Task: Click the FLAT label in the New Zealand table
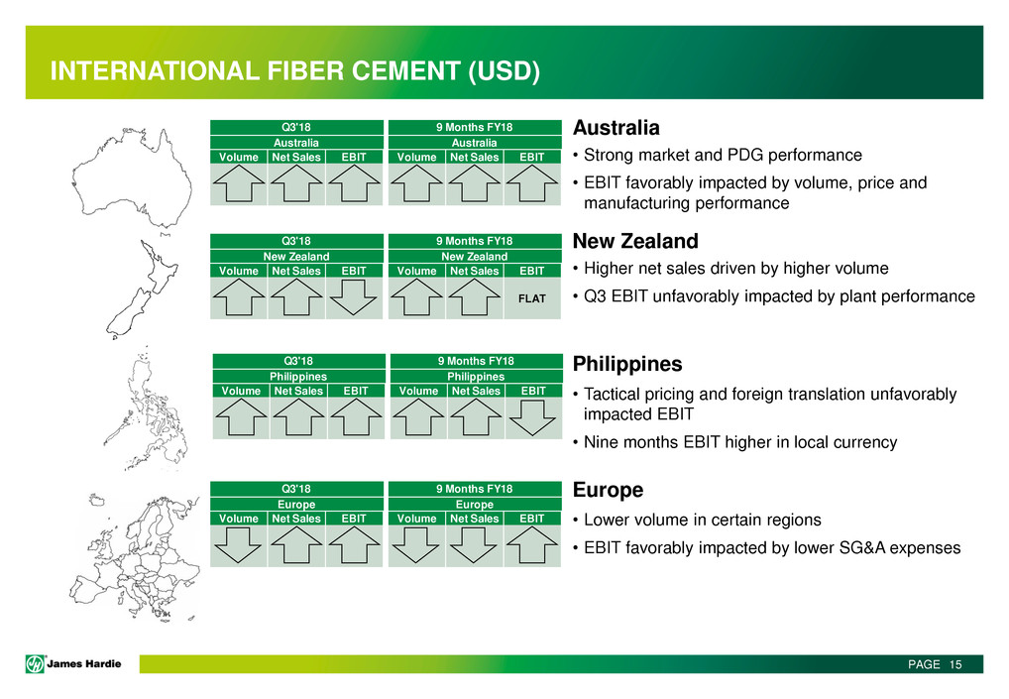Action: click(531, 298)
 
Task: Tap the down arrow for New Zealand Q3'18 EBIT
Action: click(353, 296)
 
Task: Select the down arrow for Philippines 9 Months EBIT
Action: click(532, 417)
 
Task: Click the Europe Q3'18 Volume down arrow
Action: click(238, 545)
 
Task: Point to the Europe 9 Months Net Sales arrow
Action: click(474, 545)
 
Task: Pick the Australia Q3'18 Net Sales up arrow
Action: click(296, 183)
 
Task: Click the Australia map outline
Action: click(132, 178)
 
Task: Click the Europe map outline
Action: click(135, 557)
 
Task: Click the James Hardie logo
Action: click(73, 663)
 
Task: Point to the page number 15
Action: click(955, 664)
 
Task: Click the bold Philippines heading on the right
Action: click(627, 364)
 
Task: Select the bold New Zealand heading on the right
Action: click(635, 241)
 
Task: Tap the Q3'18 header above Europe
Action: click(296, 489)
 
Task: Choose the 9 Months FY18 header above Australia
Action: click(474, 127)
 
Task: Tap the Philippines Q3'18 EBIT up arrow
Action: click(356, 417)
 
